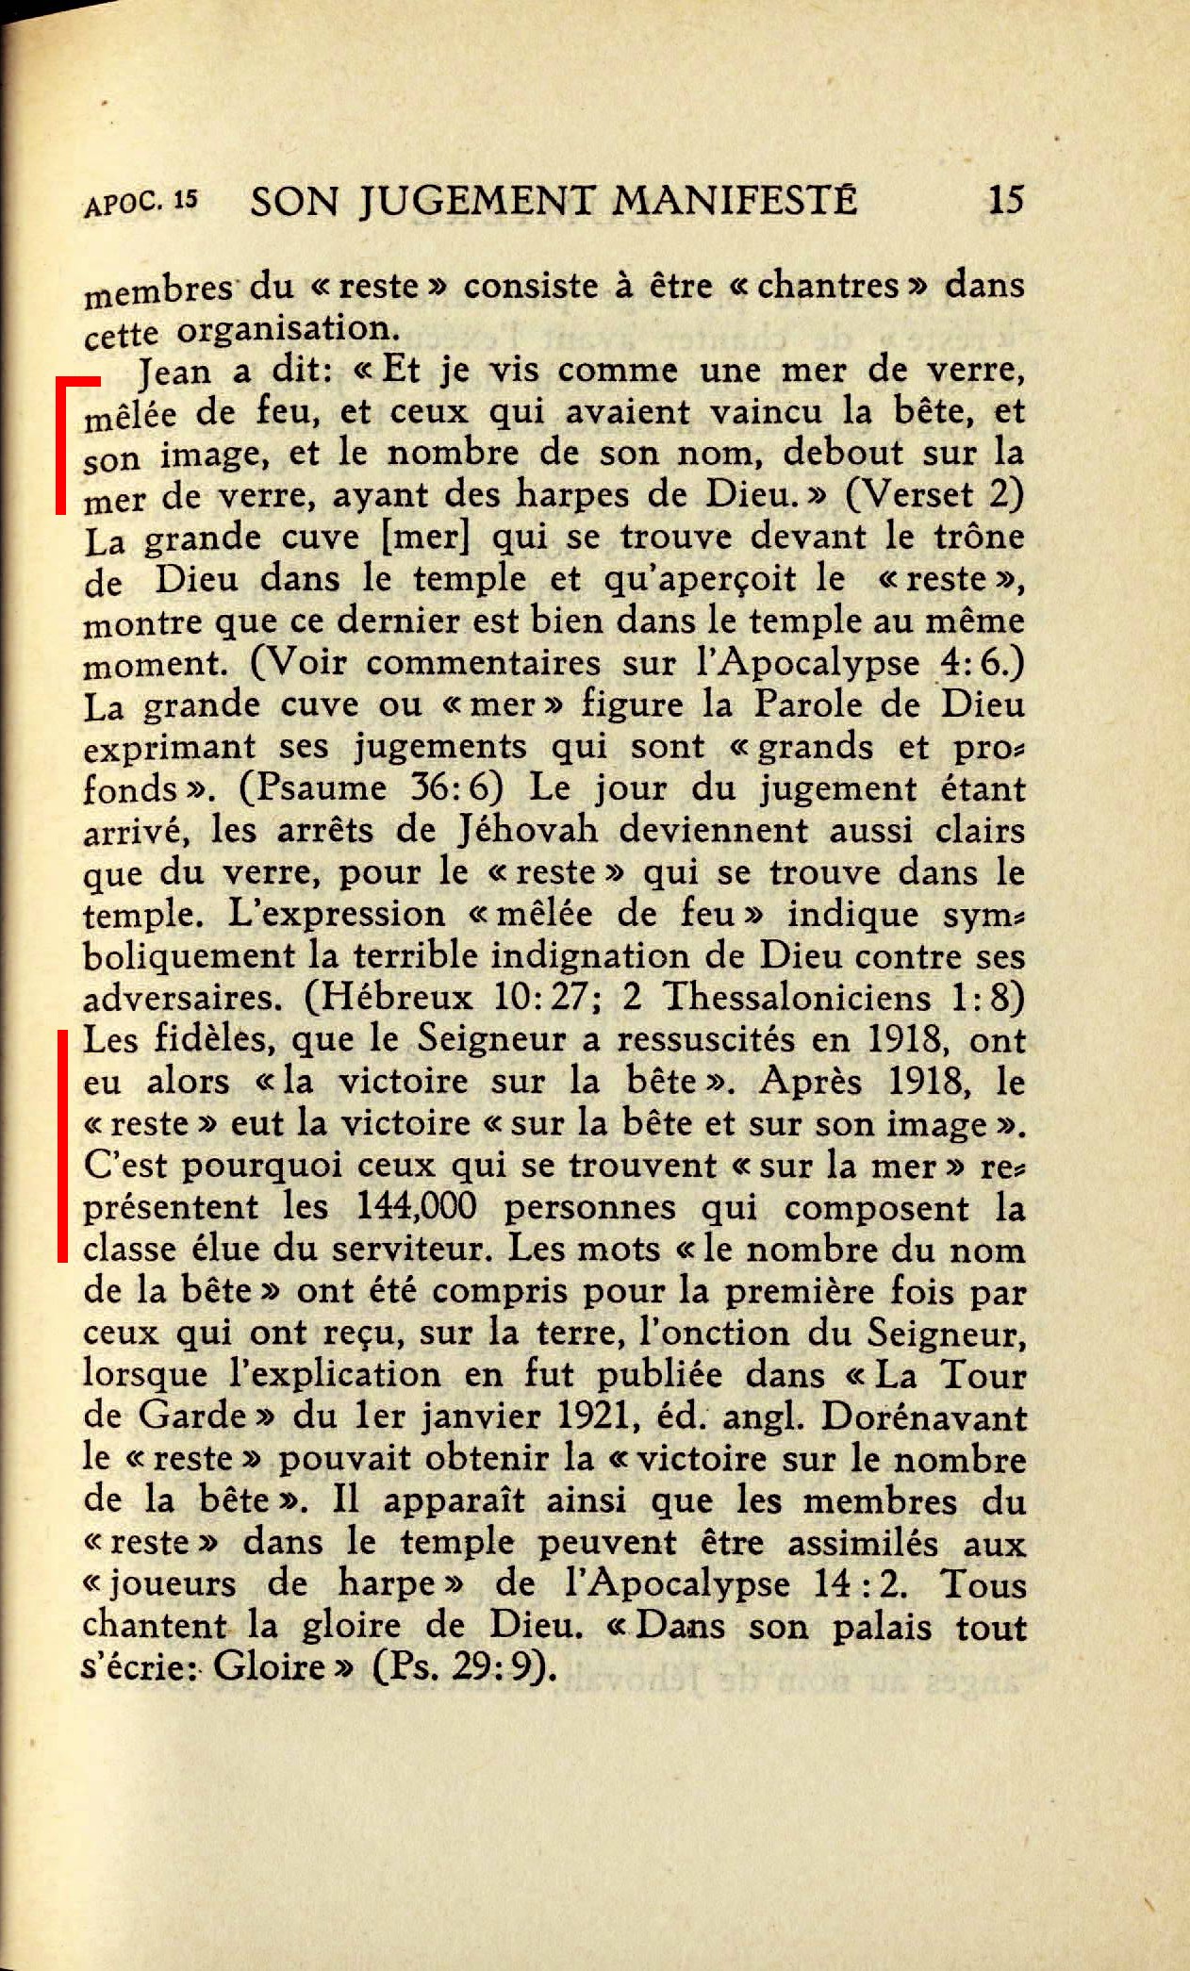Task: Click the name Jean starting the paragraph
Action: [174, 372]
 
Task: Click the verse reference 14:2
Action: [858, 1583]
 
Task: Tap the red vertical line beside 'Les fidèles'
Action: [62, 1146]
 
